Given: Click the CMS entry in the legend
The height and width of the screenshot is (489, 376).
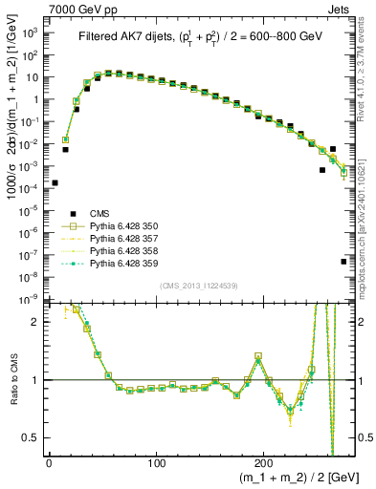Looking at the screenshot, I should click(x=96, y=214).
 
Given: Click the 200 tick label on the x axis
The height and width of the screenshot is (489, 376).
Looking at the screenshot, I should click(x=265, y=464).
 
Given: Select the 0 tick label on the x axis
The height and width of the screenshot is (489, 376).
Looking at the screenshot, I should click(x=49, y=464).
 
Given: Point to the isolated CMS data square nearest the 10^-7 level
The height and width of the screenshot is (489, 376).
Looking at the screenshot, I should click(x=343, y=261).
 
